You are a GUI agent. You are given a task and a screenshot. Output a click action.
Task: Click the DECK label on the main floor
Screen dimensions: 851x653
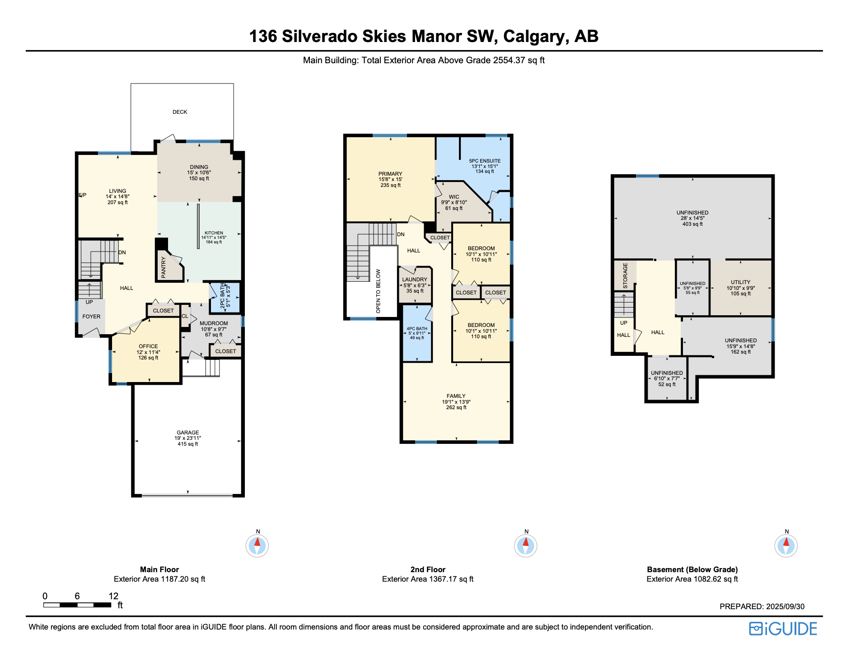point(180,112)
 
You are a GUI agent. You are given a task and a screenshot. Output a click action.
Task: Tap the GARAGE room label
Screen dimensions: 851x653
point(188,433)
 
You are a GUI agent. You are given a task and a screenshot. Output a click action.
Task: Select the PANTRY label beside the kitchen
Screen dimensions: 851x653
point(164,267)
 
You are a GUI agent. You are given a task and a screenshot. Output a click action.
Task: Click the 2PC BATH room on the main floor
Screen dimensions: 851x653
point(225,296)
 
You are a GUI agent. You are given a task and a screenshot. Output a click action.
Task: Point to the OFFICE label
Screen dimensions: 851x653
point(148,346)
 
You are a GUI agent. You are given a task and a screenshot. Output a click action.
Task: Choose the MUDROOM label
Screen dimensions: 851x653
point(214,323)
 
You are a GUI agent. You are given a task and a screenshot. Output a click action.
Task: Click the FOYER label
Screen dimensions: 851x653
point(91,317)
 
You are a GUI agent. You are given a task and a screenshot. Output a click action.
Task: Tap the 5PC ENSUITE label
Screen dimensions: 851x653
point(485,161)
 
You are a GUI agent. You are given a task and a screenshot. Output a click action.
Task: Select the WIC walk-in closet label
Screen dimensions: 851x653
point(454,197)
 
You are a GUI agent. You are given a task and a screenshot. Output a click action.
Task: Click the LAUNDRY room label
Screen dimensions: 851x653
point(415,280)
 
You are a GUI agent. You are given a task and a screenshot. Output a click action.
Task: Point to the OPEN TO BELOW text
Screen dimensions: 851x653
point(379,291)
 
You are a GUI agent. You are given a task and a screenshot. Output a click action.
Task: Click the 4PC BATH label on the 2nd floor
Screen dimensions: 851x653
point(417,329)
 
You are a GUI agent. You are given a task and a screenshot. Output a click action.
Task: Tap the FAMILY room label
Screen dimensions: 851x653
point(456,396)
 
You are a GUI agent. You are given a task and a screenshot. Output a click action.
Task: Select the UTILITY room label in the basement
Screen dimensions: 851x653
point(741,282)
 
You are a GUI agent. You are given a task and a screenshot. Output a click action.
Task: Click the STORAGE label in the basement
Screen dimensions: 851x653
point(626,275)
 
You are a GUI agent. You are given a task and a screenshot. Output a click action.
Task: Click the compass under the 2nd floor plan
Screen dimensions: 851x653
point(526,546)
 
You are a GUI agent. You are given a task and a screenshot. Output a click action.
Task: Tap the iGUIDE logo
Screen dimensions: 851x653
point(783,629)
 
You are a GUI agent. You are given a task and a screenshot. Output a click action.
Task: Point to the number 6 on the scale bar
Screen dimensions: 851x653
point(77,596)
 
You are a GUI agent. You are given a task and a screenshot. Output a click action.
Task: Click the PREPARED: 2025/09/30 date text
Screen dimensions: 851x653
point(762,606)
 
